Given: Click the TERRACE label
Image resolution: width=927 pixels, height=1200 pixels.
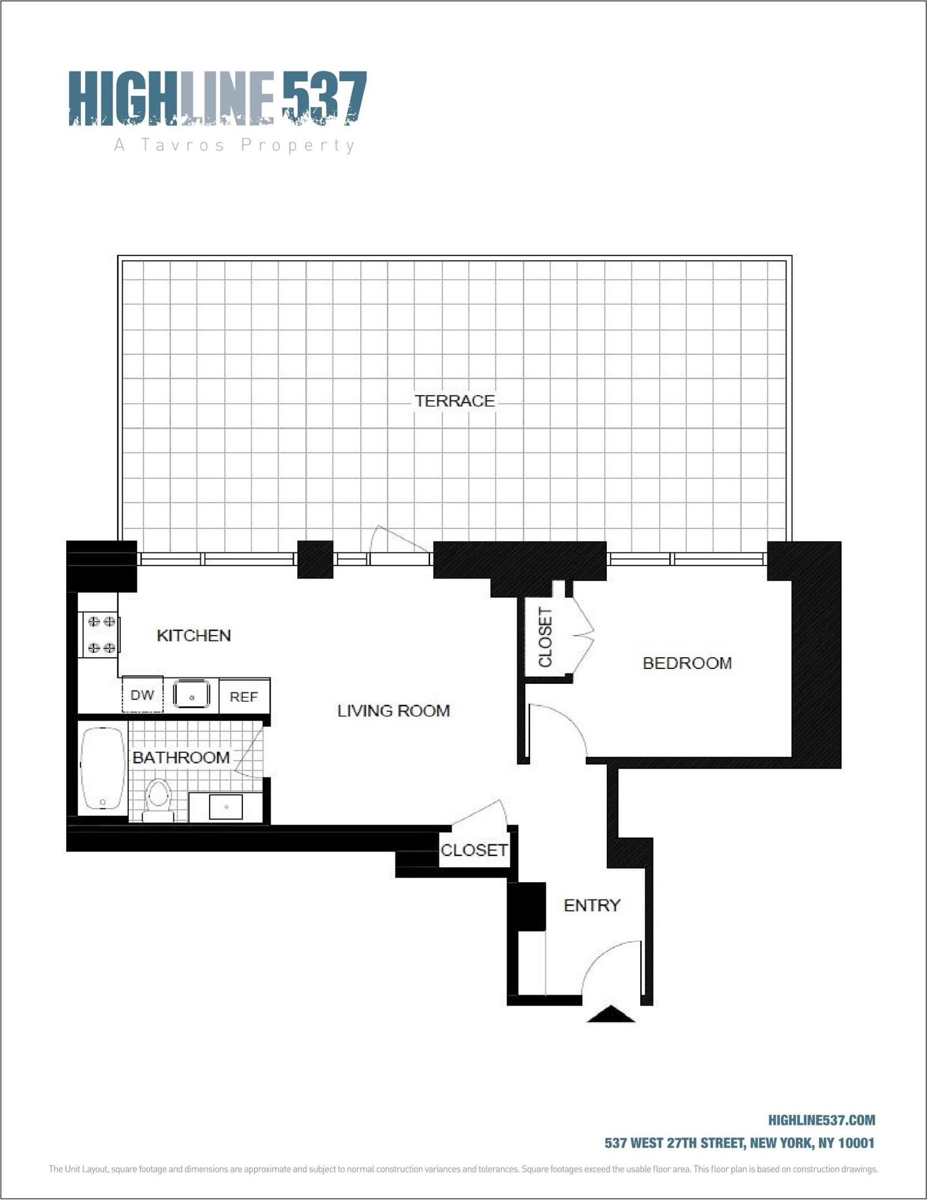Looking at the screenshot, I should (x=455, y=401).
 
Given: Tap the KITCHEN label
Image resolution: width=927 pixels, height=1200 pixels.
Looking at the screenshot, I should (x=193, y=635).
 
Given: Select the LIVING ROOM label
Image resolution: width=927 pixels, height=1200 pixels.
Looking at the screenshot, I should (x=393, y=711).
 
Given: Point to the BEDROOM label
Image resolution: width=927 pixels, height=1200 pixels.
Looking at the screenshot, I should (x=687, y=663).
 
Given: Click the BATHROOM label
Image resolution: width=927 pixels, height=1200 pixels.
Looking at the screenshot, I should (x=181, y=757).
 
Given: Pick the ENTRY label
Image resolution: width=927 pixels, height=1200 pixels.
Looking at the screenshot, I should (x=592, y=906).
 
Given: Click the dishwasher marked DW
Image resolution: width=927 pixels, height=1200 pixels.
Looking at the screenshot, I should (x=142, y=695).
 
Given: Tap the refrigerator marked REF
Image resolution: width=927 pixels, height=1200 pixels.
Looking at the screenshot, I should (x=244, y=696).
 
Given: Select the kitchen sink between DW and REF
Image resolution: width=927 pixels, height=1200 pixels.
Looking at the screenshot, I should (x=192, y=694).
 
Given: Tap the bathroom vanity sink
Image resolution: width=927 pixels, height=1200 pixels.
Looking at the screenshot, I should (x=226, y=807).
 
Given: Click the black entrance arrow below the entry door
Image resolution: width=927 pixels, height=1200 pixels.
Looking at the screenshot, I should (x=611, y=1014).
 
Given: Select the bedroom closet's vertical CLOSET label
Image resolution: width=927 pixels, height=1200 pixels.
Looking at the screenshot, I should (x=545, y=637).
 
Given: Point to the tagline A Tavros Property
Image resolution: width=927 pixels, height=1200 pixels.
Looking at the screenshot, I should (x=234, y=146).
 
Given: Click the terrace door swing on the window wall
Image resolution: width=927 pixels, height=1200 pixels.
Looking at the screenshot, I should (x=397, y=540).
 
